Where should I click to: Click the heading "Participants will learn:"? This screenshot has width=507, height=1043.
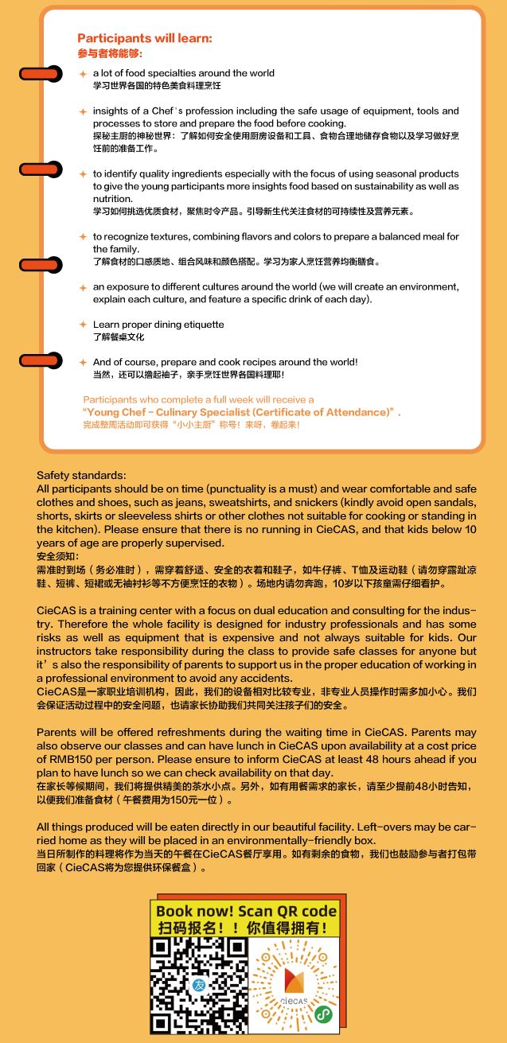[x=145, y=38]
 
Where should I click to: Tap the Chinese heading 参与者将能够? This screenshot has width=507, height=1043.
[x=110, y=53]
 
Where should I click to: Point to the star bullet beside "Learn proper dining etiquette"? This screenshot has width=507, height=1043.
[x=83, y=325]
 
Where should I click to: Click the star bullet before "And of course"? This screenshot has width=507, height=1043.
[x=83, y=362]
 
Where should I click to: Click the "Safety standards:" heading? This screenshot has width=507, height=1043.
[x=82, y=475]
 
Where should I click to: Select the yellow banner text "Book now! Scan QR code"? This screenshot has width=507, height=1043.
[x=247, y=911]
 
